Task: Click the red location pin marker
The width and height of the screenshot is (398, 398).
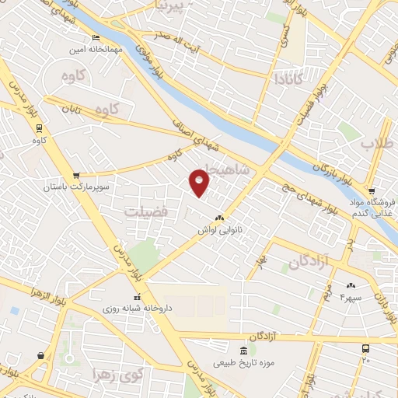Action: point(200,181)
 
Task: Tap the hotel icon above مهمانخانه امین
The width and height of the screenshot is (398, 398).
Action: point(96,37)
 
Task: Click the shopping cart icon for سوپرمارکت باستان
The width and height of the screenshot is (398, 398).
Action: point(76,176)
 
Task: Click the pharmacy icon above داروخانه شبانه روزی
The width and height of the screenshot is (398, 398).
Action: point(138,297)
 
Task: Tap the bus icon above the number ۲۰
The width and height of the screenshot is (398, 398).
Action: point(366,349)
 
